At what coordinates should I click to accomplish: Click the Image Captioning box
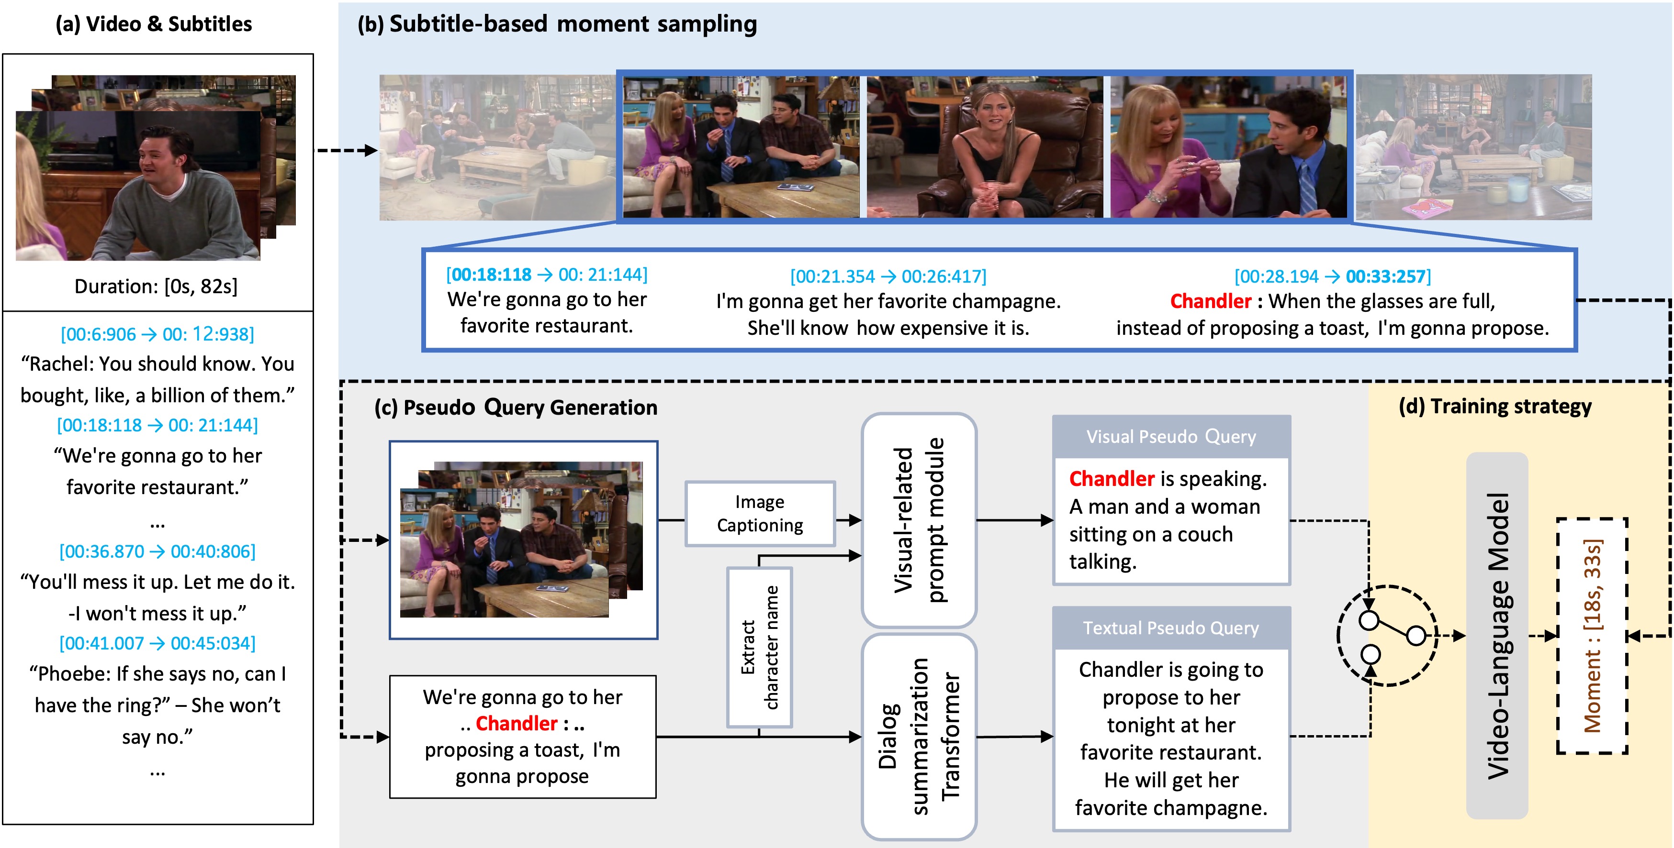pyautogui.click(x=760, y=514)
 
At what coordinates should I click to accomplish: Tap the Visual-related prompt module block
pyautogui.click(x=918, y=520)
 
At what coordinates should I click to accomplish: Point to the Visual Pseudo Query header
pyautogui.click(x=1170, y=436)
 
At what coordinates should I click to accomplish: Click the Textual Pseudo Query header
pyautogui.click(x=1170, y=628)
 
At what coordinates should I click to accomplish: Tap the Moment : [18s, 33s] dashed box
pyautogui.click(x=1592, y=636)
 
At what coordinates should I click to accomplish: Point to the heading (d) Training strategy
pyautogui.click(x=1494, y=407)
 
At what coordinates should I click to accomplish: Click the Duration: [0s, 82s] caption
pyautogui.click(x=156, y=286)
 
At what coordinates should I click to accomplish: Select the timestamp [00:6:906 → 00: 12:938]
pyautogui.click(x=157, y=334)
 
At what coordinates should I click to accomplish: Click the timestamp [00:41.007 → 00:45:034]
pyautogui.click(x=157, y=643)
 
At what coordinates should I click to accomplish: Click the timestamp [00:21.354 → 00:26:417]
pyautogui.click(x=888, y=276)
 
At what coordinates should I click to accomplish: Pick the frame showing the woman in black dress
pyautogui.click(x=985, y=147)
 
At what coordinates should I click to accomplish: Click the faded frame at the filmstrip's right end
pyautogui.click(x=1473, y=147)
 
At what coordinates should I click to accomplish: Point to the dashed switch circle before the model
pyautogui.click(x=1387, y=636)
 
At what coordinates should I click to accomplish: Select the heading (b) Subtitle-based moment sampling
pyautogui.click(x=557, y=24)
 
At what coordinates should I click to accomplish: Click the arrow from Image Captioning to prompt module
pyautogui.click(x=849, y=520)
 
